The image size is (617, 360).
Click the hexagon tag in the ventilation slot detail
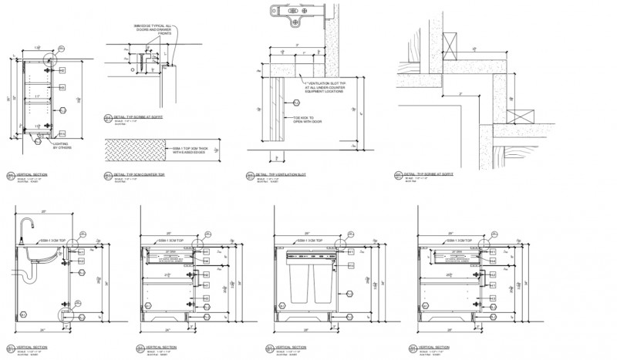296,103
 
